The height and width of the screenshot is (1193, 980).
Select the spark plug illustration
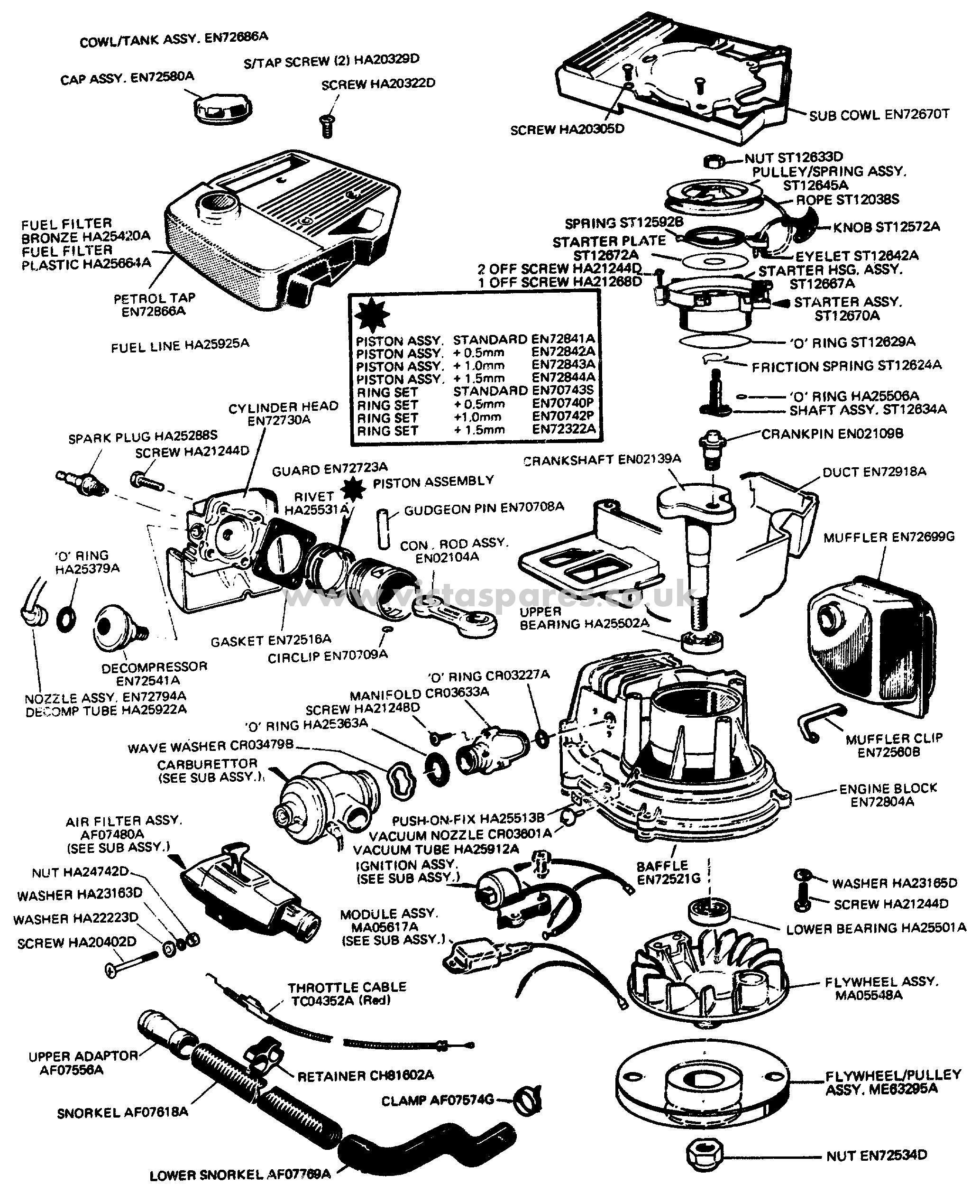pos(82,481)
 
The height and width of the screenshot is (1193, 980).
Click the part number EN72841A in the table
pos(563,339)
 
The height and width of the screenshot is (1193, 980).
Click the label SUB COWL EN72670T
pos(879,115)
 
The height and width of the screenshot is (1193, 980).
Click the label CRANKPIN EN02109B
pos(832,434)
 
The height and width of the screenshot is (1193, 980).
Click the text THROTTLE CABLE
pos(347,988)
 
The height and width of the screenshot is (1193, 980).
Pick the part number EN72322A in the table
pos(563,429)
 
